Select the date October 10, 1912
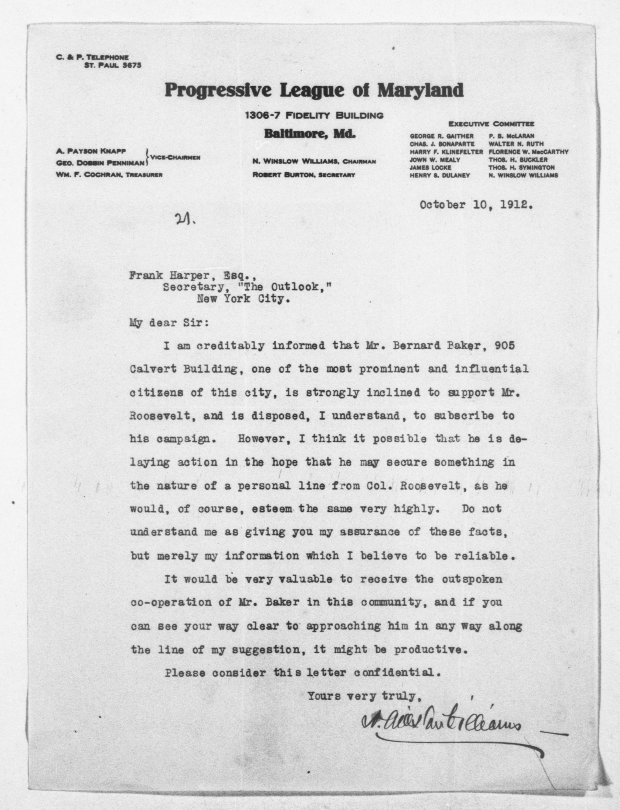pos(476,205)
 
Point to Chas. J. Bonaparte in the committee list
pos(442,144)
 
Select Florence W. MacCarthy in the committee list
pos(528,152)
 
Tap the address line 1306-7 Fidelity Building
pos(314,115)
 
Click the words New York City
pos(242,299)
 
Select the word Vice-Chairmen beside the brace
pos(175,158)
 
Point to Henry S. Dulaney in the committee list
pos(440,176)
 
